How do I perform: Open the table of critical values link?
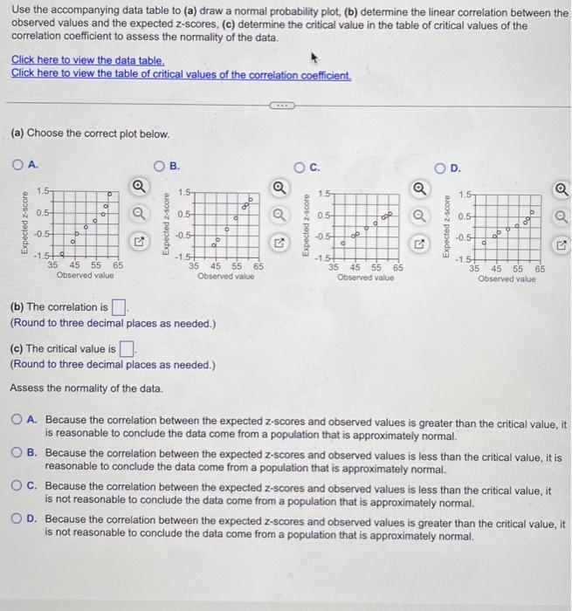coord(181,73)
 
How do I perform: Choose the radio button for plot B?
coord(160,165)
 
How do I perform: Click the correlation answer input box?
coord(120,307)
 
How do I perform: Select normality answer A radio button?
coord(30,422)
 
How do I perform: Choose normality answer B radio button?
coord(30,453)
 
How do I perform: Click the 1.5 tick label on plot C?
coord(324,193)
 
